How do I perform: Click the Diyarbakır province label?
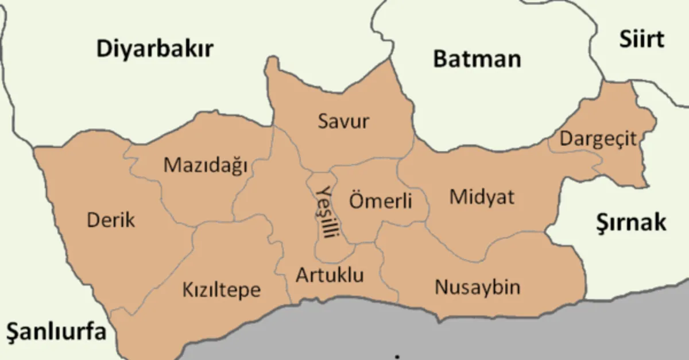(x=154, y=49)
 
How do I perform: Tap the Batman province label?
(x=477, y=59)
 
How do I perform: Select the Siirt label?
(x=641, y=40)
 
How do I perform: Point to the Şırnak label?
(x=630, y=222)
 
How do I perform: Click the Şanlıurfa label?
(x=56, y=332)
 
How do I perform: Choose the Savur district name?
(x=343, y=122)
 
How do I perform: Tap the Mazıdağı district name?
(x=205, y=165)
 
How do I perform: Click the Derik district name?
(x=111, y=219)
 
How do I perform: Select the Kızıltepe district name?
(x=221, y=289)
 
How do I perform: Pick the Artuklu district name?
(x=330, y=276)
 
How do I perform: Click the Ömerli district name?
(x=381, y=202)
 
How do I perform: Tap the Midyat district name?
(x=482, y=197)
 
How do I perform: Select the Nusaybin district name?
(x=477, y=287)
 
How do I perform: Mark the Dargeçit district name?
(x=598, y=139)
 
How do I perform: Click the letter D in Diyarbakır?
(x=104, y=49)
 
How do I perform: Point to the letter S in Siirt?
(x=624, y=40)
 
